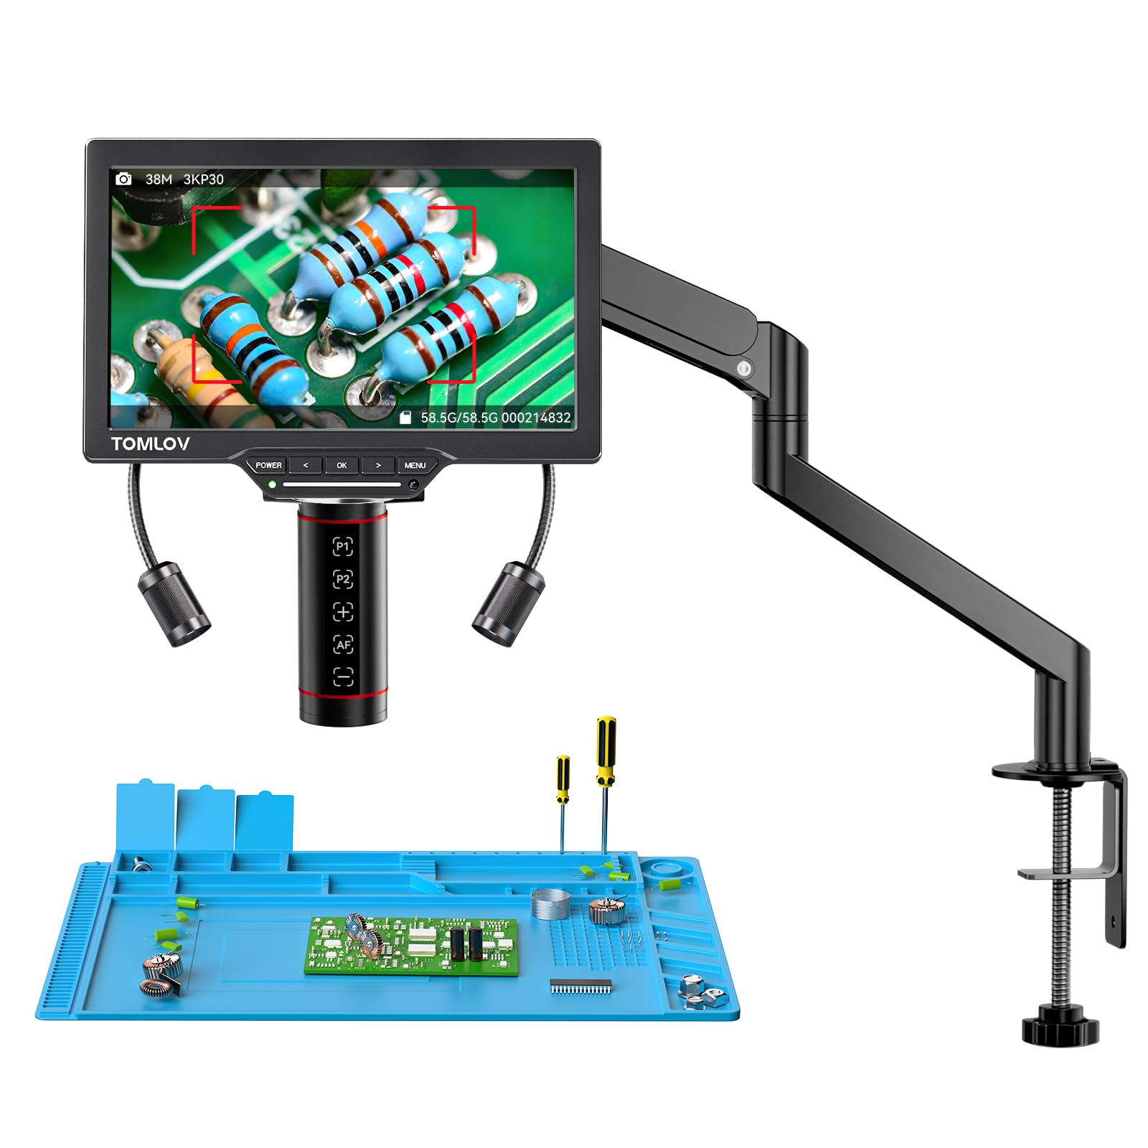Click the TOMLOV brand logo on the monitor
tap(150, 443)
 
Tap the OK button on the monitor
tap(342, 465)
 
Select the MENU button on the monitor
tap(415, 465)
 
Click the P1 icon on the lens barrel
tap(343, 547)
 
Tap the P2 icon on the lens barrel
tap(343, 579)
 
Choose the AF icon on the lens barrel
tap(343, 644)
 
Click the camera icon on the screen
tap(123, 179)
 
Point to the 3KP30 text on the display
tap(203, 179)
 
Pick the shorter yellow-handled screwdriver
tap(563, 778)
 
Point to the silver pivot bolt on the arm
tap(745, 369)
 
